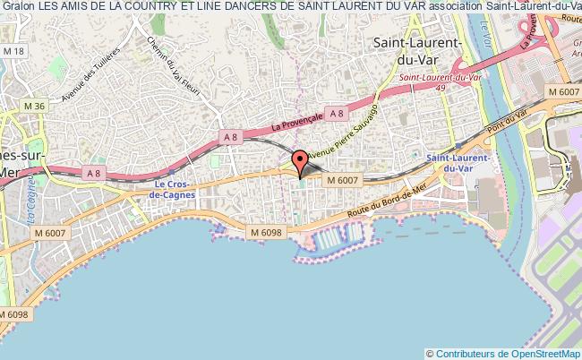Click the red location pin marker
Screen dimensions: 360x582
pyautogui.click(x=301, y=161)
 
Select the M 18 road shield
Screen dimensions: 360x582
pyautogui.click(x=13, y=52)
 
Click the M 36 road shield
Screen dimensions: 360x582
pyautogui.click(x=34, y=106)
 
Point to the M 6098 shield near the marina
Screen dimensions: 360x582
pyautogui.click(x=266, y=233)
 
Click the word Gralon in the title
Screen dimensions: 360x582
pyautogui.click(x=17, y=6)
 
